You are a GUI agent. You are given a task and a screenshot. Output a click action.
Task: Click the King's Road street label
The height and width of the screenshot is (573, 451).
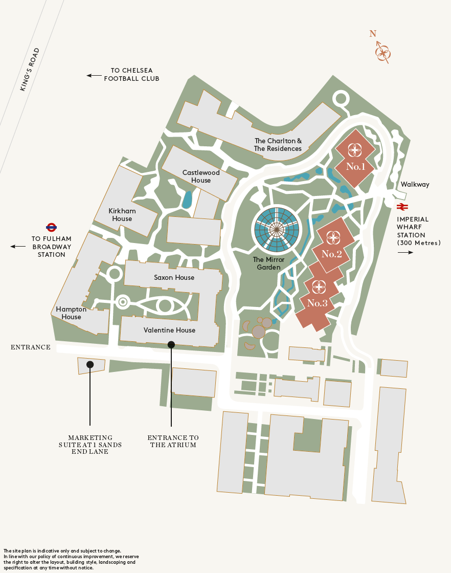click(30, 70)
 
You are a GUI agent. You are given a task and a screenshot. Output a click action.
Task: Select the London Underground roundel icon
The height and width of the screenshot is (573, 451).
click(51, 227)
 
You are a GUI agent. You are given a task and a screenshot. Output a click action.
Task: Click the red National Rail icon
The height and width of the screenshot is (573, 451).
click(402, 207)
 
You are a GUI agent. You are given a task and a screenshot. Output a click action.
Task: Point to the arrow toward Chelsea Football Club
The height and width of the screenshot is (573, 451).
click(94, 75)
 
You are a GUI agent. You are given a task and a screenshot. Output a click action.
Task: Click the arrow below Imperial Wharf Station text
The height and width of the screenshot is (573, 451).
click(405, 252)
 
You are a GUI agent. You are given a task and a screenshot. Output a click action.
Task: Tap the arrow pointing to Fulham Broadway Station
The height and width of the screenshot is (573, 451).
click(18, 247)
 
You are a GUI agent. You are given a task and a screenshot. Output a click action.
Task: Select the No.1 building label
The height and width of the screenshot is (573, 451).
click(355, 166)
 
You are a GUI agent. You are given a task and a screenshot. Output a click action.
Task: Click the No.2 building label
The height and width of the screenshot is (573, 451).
click(332, 254)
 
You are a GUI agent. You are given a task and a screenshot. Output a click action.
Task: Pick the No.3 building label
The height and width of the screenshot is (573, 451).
click(317, 303)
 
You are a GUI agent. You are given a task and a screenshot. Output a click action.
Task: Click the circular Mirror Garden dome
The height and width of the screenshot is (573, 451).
click(277, 230)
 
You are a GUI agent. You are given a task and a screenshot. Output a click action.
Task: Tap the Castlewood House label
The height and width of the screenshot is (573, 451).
click(201, 177)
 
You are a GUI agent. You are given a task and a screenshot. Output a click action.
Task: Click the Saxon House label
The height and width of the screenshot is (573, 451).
click(174, 277)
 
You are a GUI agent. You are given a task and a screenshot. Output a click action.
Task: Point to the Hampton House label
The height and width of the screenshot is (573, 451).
click(71, 313)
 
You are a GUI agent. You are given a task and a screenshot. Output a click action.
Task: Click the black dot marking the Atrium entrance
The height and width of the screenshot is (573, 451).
click(171, 345)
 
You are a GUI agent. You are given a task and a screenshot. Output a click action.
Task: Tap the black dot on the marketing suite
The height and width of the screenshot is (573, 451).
click(90, 364)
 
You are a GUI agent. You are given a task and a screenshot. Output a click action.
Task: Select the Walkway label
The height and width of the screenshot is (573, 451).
click(415, 184)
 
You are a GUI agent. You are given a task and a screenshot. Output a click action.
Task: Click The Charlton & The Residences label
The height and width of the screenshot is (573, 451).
click(278, 145)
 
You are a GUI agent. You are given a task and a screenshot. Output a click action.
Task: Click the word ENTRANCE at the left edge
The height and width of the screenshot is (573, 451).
click(31, 347)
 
